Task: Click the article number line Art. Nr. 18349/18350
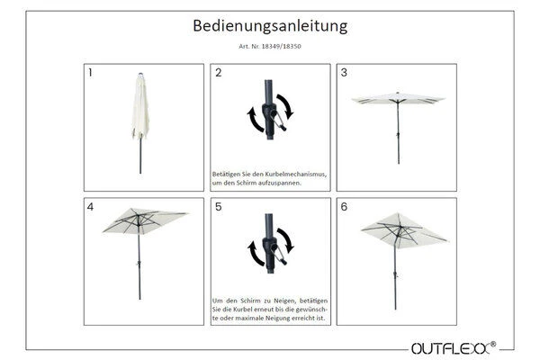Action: click(x=269, y=47)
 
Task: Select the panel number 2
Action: click(x=218, y=73)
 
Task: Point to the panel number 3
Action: click(x=344, y=73)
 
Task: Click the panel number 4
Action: click(x=90, y=207)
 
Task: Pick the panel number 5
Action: click(x=218, y=207)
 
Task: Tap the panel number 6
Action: click(x=344, y=207)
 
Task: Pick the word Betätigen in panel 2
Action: click(x=227, y=171)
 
